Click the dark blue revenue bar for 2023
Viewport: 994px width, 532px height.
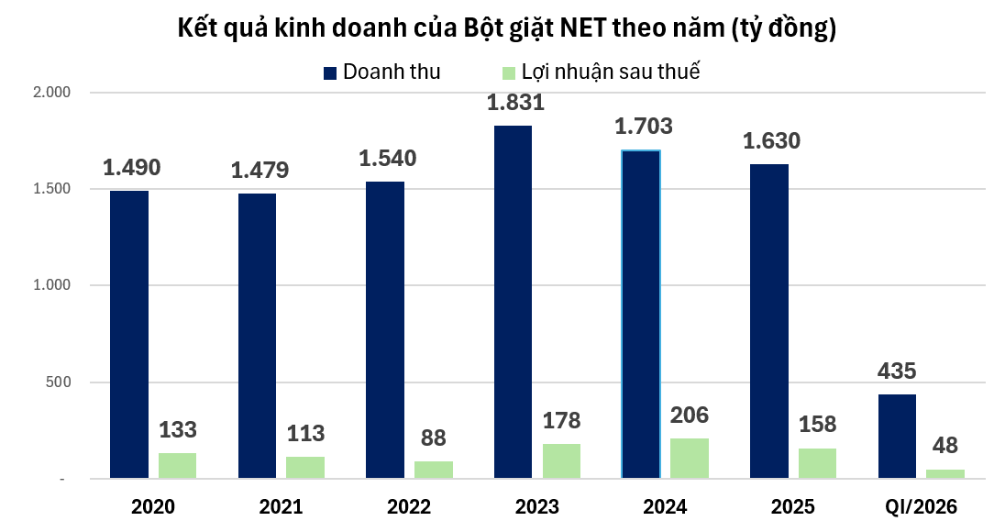pos(513,303)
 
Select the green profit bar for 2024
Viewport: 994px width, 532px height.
pos(690,458)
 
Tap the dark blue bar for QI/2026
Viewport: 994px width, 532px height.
pos(897,437)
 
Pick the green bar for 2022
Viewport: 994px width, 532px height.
pos(434,470)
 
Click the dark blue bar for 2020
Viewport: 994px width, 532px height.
pos(129,335)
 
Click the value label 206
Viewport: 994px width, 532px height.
pos(690,416)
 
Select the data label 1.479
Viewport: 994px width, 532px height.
pos(260,170)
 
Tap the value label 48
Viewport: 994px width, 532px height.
pos(944,446)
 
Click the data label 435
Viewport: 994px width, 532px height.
pos(897,372)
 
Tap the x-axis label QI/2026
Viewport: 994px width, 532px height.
pos(921,505)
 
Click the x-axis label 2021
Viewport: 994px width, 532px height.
pos(281,505)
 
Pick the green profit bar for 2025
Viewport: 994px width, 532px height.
pos(817,463)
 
